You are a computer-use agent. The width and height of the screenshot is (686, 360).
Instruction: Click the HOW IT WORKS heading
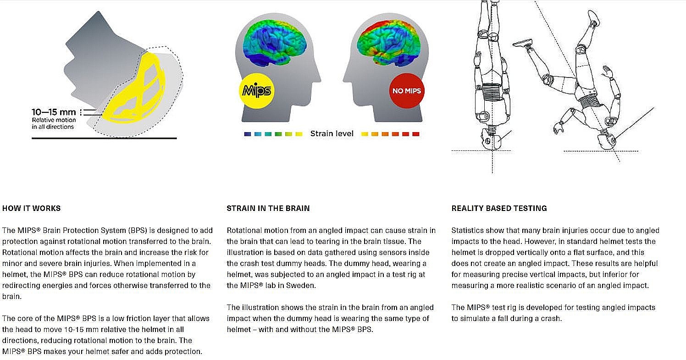click(x=31, y=208)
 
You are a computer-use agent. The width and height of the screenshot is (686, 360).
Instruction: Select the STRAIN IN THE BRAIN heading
click(x=268, y=208)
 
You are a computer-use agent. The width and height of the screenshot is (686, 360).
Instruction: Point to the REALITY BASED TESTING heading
click(x=499, y=208)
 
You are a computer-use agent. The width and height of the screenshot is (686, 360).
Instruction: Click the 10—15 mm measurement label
click(x=54, y=112)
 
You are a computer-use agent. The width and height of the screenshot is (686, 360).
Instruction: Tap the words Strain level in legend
click(x=332, y=134)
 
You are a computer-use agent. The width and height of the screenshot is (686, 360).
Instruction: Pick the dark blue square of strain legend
click(x=248, y=134)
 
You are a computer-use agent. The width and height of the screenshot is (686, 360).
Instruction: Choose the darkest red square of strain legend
click(x=415, y=134)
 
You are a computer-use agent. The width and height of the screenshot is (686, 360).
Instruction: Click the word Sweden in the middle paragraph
click(x=303, y=285)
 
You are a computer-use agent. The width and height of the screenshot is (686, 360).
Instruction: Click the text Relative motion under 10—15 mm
click(x=53, y=120)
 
